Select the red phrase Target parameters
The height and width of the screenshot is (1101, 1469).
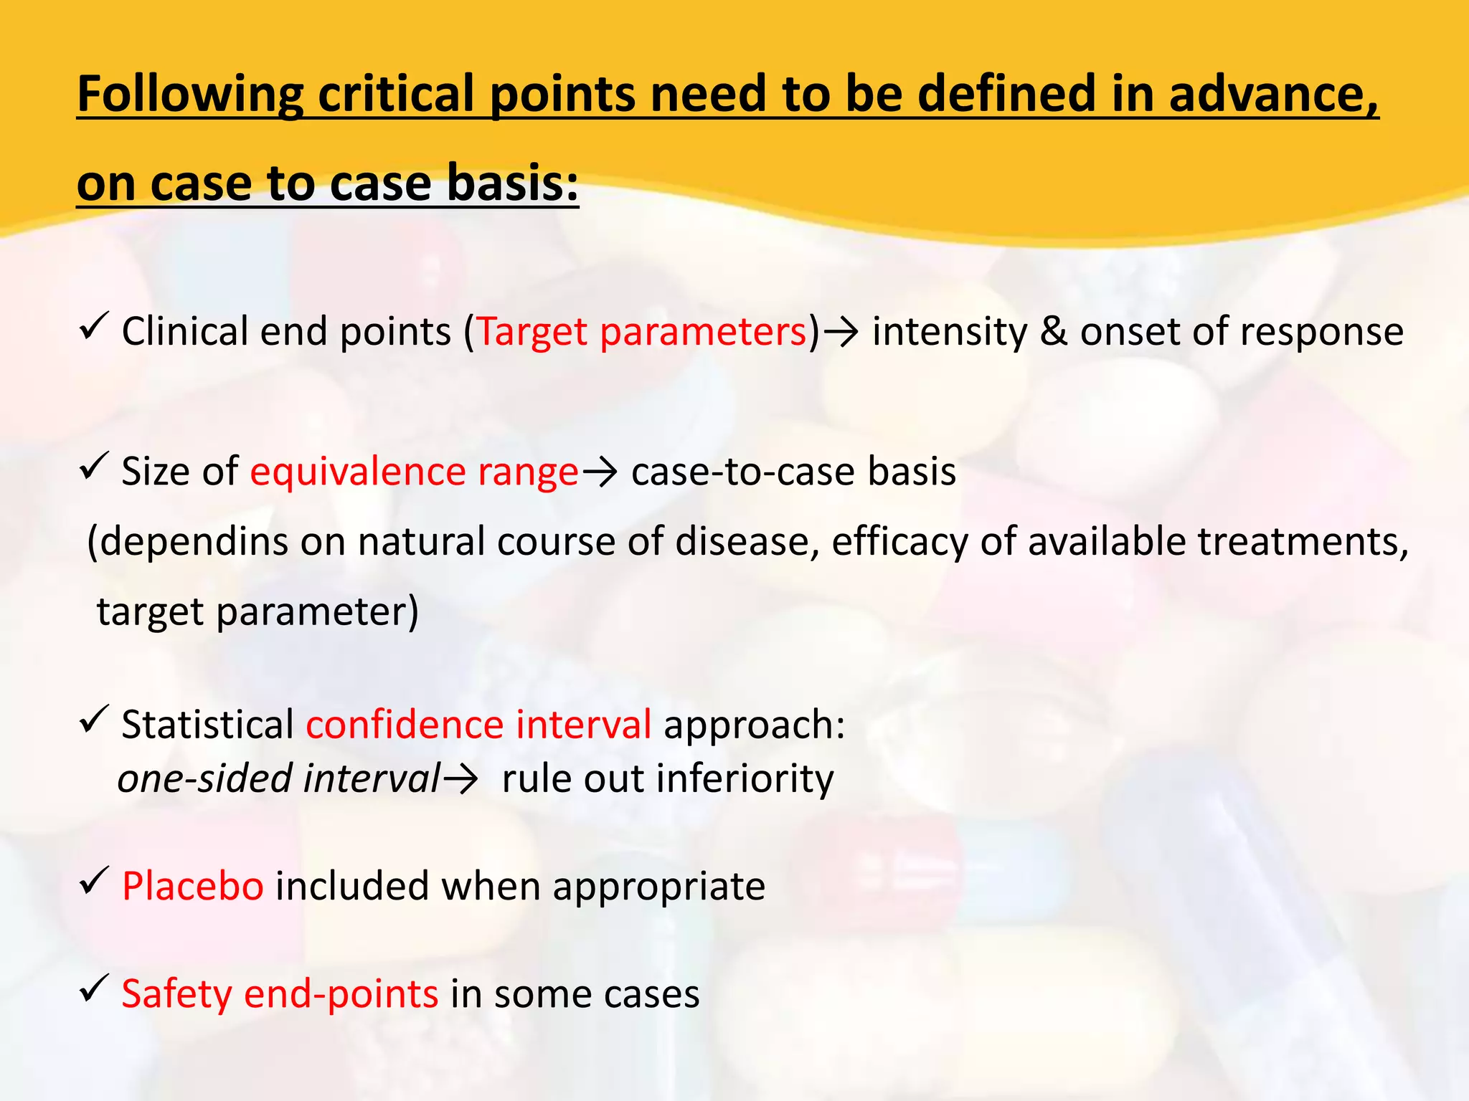pos(642,332)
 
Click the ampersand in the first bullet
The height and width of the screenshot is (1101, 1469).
pos(1053,332)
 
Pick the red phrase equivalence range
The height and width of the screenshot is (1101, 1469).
pos(414,472)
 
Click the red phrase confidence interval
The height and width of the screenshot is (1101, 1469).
pos(478,725)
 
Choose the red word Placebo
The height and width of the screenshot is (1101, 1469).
pos(192,886)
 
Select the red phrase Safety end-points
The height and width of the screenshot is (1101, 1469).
pos(280,994)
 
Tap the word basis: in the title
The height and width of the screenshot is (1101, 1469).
pos(512,183)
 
